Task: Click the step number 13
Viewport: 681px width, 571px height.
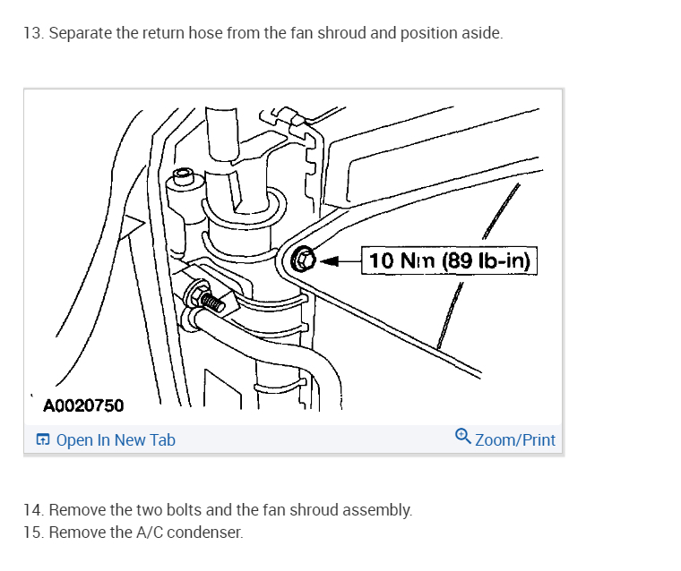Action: pos(32,34)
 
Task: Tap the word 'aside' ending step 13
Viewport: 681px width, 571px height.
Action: pos(481,34)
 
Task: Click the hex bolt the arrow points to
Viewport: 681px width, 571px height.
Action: pos(303,261)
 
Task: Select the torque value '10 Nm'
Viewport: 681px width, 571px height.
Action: pos(402,260)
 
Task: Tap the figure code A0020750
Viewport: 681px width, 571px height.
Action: pos(84,405)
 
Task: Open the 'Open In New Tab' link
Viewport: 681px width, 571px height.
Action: pos(116,440)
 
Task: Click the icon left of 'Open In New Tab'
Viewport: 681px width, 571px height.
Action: pos(42,440)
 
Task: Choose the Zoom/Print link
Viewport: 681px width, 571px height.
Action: pos(514,440)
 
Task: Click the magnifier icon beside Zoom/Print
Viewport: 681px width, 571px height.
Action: pos(462,437)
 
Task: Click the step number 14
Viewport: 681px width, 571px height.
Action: pos(32,510)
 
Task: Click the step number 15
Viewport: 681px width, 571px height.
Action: pos(32,532)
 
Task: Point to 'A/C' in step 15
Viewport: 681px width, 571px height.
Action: pos(147,532)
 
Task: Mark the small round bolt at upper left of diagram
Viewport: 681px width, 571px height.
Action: pos(183,175)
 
